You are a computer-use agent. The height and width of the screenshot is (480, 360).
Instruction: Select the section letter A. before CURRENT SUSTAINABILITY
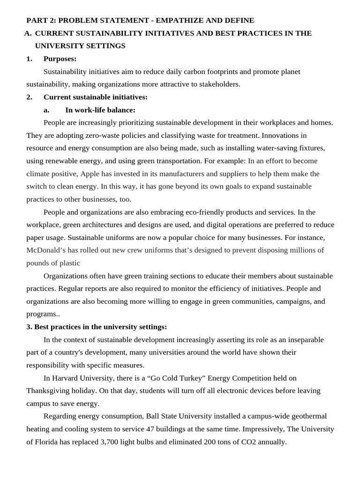28,33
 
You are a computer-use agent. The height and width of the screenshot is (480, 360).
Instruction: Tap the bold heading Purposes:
60,59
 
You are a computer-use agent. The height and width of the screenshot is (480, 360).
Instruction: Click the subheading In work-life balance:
100,110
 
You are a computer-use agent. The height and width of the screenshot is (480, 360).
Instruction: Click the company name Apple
90,173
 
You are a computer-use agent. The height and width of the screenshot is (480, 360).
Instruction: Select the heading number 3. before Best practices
29,327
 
